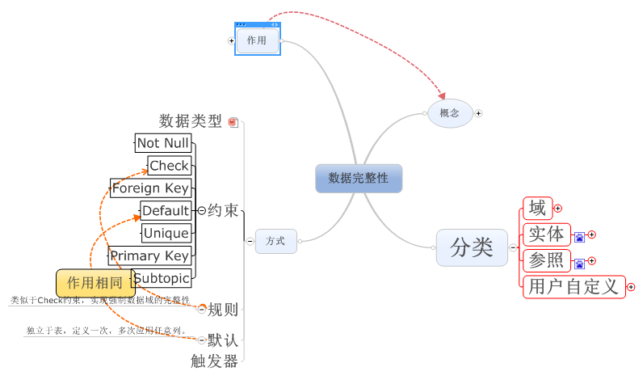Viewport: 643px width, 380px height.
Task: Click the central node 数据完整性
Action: point(358,178)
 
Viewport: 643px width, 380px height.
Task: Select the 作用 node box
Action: point(258,40)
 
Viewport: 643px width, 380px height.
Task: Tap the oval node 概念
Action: point(450,113)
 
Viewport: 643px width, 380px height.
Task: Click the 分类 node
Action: point(472,247)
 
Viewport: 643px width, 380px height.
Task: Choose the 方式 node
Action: point(275,241)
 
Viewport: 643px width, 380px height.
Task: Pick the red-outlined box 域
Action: point(536,209)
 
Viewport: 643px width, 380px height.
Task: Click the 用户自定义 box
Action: point(573,286)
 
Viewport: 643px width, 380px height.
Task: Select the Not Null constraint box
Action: point(163,143)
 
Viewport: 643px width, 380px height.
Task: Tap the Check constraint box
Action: point(170,166)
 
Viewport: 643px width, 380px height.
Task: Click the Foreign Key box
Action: point(150,188)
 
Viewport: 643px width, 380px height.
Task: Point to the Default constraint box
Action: point(166,211)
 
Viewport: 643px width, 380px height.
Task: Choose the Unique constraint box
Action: point(166,234)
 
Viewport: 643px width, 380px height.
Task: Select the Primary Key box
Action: point(149,256)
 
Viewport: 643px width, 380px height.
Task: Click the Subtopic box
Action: point(162,278)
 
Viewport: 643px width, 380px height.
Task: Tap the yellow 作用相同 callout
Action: point(95,283)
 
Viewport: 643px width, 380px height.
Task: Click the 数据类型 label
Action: point(191,121)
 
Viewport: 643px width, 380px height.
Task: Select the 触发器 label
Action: point(215,361)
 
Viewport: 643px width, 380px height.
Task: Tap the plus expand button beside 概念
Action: point(478,113)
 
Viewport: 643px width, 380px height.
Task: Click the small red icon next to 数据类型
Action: point(233,122)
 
